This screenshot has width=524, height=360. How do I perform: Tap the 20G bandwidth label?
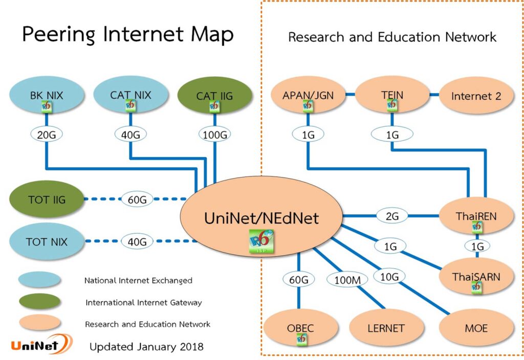point(47,134)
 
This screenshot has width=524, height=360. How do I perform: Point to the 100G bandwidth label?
point(215,134)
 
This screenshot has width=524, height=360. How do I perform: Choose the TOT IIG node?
point(47,200)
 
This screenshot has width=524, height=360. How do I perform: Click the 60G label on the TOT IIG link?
point(137,200)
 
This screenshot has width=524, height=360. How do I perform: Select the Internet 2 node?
point(476,96)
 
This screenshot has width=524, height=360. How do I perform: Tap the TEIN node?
point(392,96)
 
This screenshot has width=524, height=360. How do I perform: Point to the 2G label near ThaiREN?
point(392,216)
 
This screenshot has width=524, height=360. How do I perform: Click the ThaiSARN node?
point(476,277)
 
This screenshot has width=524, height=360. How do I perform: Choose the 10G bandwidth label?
point(389,277)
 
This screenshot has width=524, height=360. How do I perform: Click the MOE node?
point(476,328)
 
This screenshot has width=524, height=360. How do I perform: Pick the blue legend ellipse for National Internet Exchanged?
point(39,280)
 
